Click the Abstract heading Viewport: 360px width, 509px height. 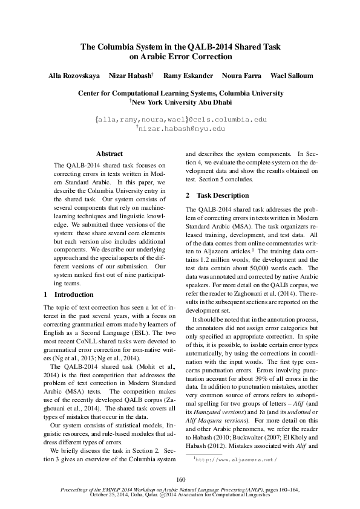pos(110,154)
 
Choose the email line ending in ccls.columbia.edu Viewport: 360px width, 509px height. pos(180,120)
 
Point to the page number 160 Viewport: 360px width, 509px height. pos(180,479)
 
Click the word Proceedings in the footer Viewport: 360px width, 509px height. pos(71,491)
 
